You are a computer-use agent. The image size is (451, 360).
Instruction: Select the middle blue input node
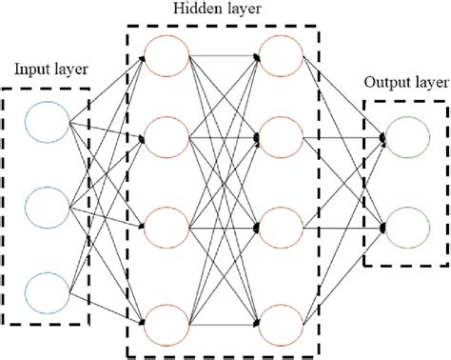click(47, 202)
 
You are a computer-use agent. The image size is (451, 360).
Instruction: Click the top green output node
click(405, 136)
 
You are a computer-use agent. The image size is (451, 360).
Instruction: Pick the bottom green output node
click(405, 226)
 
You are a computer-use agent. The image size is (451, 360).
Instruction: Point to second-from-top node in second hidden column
click(281, 139)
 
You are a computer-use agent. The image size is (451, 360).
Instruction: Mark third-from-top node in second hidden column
click(281, 229)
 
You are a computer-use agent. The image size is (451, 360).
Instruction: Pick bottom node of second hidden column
click(281, 318)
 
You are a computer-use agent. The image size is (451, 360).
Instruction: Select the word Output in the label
click(385, 81)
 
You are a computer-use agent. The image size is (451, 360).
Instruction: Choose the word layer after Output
click(428, 82)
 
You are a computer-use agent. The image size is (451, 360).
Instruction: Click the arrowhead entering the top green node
click(383, 137)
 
